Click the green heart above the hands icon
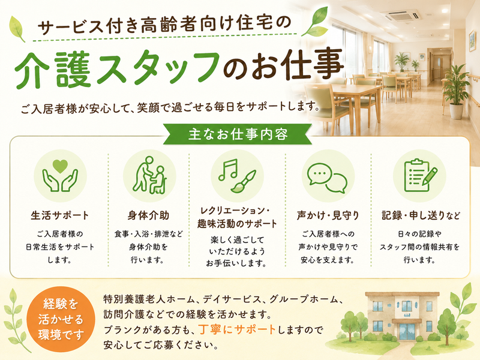[60, 166]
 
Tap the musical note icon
[228, 169]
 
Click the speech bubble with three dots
[320, 173]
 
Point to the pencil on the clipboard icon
[430, 176]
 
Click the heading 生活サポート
[60, 215]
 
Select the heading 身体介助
[148, 215]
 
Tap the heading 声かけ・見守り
[328, 215]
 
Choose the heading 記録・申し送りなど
[421, 215]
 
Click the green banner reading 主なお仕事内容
[238, 134]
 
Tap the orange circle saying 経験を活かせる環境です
[61, 319]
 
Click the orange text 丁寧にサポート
[237, 329]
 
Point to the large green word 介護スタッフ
[117, 69]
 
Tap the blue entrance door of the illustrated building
[407, 332]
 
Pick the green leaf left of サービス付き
[18, 28]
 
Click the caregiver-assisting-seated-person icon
[149, 175]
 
